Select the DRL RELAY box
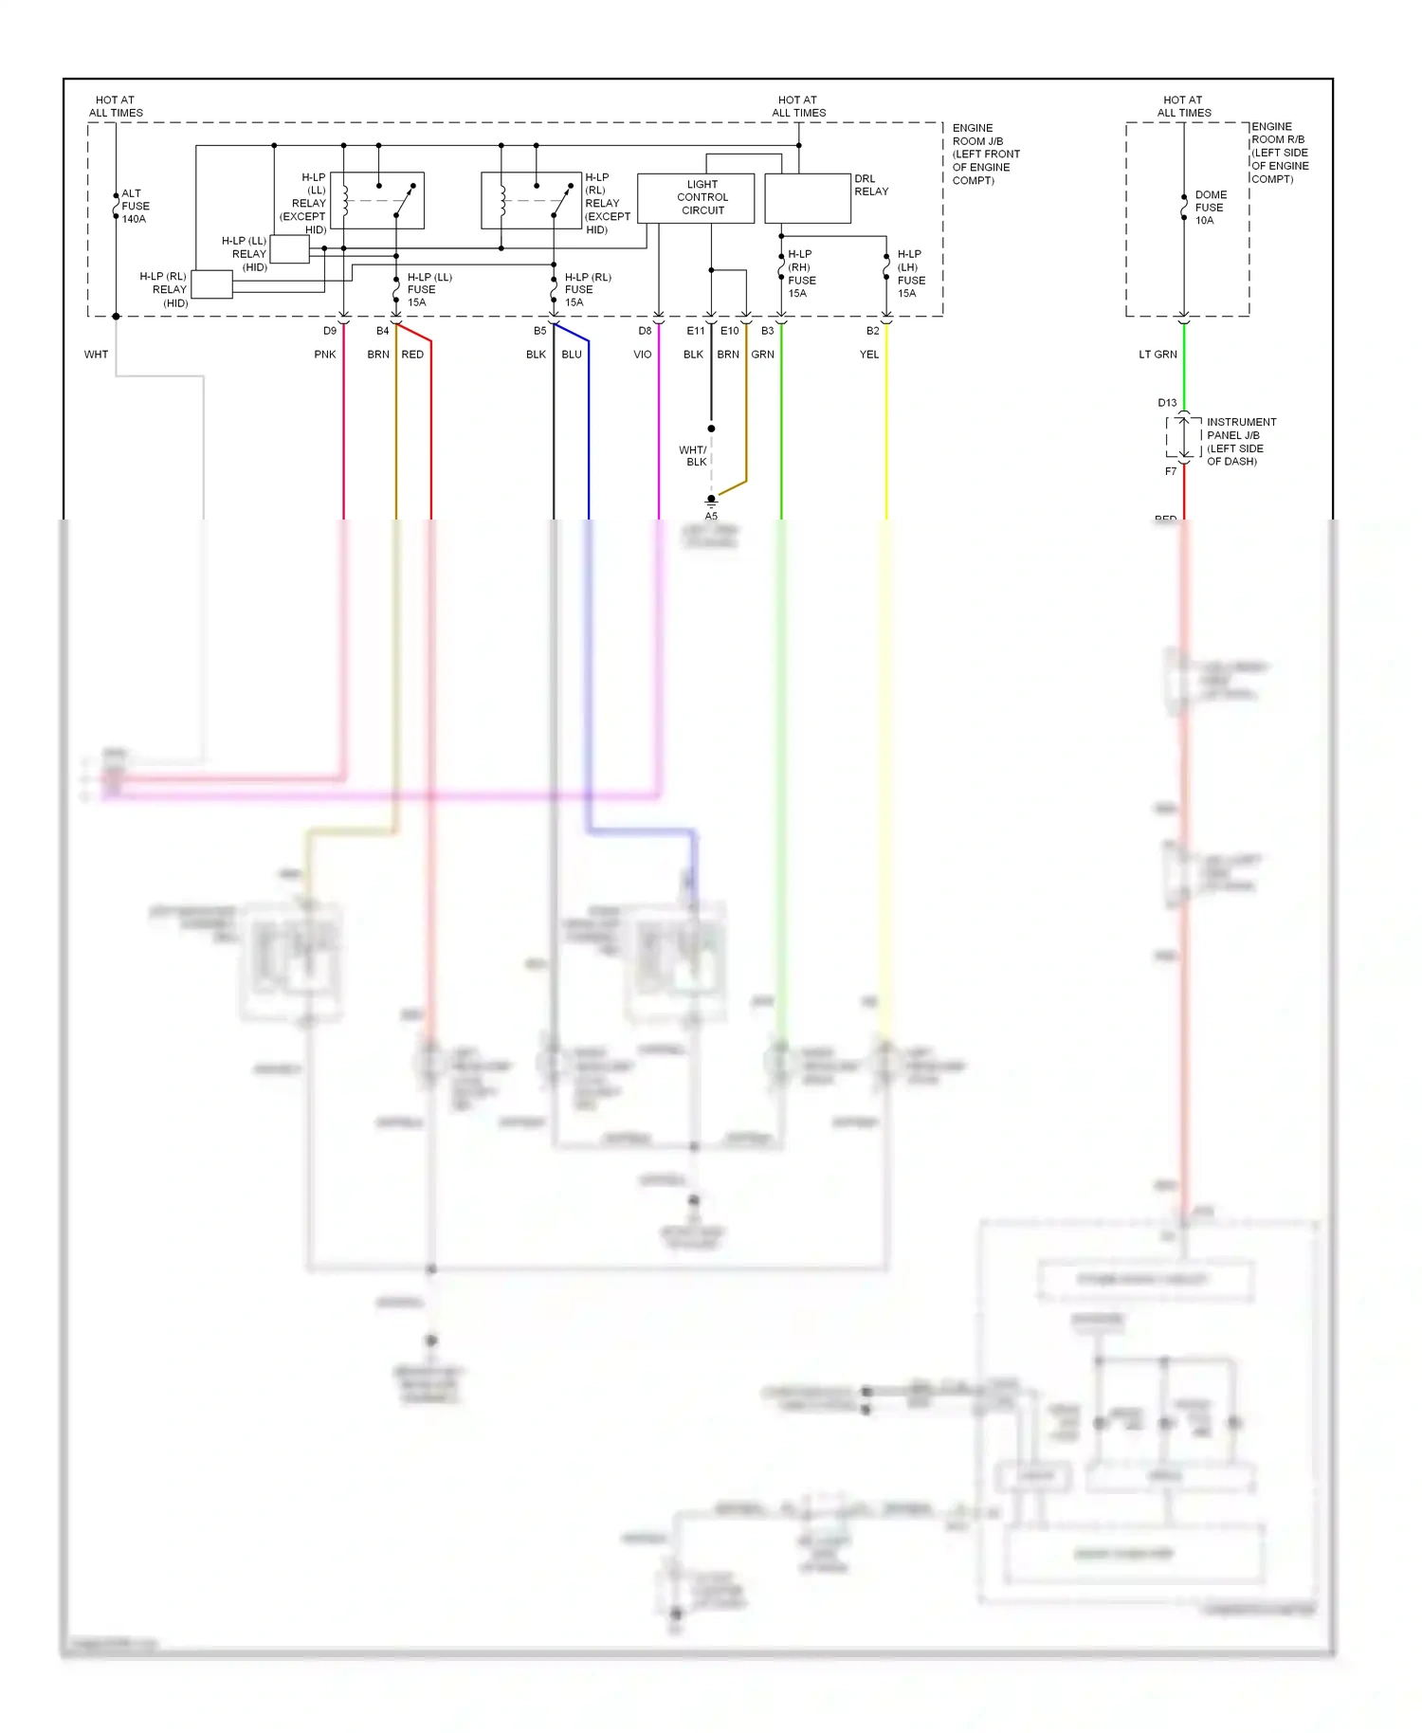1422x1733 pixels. pyautogui.click(x=808, y=198)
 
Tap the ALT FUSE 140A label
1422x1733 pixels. pyautogui.click(x=135, y=206)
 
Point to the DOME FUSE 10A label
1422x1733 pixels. pyautogui.click(x=1210, y=208)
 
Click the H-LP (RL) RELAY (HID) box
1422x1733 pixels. pyautogui.click(x=211, y=284)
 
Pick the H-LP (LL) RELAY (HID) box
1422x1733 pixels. pyautogui.click(x=289, y=249)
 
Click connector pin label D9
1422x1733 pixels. pyautogui.click(x=329, y=331)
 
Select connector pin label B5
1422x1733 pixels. pyautogui.click(x=539, y=331)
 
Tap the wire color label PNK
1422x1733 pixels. pyautogui.click(x=325, y=355)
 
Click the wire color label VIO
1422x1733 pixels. pyautogui.click(x=642, y=355)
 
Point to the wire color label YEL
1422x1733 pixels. pyautogui.click(x=869, y=355)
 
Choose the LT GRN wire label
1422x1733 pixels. pyautogui.click(x=1158, y=355)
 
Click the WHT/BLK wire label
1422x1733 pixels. pyautogui.click(x=693, y=456)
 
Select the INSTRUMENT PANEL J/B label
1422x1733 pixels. pyautogui.click(x=1240, y=442)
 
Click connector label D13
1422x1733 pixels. pyautogui.click(x=1167, y=403)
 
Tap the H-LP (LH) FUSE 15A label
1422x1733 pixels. pyautogui.click(x=910, y=274)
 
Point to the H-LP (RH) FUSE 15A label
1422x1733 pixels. pyautogui.click(x=801, y=274)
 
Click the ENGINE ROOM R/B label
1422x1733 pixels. pyautogui.click(x=1279, y=153)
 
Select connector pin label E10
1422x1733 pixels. pyautogui.click(x=729, y=331)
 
